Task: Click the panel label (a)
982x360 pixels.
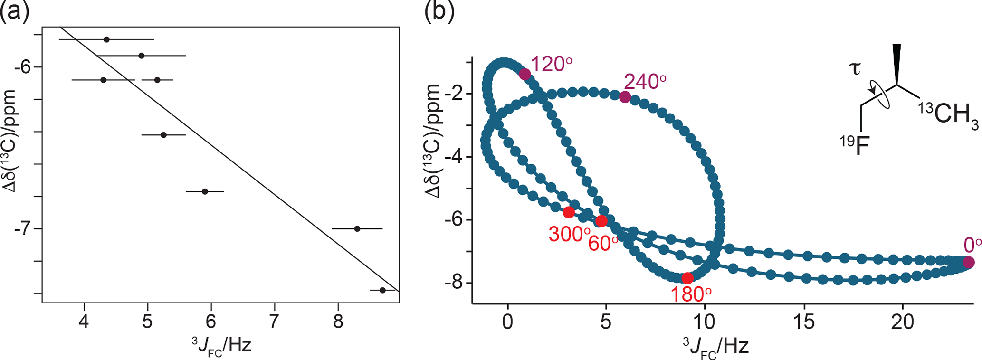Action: [x=15, y=12]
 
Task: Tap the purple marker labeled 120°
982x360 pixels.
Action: [x=524, y=74]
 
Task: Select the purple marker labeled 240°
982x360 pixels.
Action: [x=625, y=97]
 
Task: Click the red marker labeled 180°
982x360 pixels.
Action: [x=687, y=278]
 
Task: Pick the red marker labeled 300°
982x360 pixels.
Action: [x=569, y=212]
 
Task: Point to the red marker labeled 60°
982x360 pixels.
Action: [x=601, y=221]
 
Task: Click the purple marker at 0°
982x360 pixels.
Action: [x=969, y=262]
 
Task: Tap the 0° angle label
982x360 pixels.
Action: [x=972, y=245]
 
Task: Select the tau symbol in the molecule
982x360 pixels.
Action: [x=855, y=69]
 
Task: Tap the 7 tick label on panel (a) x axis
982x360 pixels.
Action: [x=275, y=322]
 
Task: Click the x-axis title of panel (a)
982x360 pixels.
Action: [x=220, y=345]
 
